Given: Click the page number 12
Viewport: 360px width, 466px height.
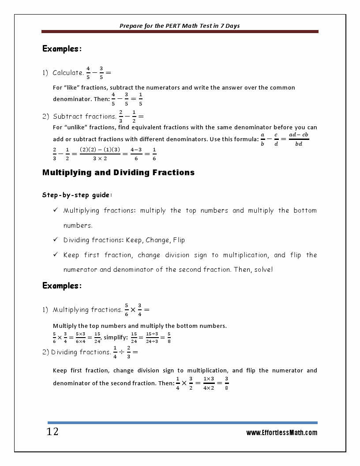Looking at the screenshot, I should [52, 432].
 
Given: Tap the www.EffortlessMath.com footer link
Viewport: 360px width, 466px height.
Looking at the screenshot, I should [281, 432].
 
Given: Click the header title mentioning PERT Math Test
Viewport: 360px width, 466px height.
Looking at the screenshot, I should [180, 26].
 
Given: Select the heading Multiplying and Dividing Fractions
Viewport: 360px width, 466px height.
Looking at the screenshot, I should [118, 173].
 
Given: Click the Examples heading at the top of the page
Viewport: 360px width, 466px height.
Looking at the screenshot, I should [62, 49].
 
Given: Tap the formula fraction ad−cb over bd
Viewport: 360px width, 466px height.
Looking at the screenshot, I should [299, 139].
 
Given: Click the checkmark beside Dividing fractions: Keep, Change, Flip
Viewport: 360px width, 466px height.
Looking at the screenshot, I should [56, 240].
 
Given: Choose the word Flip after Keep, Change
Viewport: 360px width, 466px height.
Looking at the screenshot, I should [179, 240].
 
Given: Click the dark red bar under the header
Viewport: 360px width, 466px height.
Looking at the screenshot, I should [180, 32].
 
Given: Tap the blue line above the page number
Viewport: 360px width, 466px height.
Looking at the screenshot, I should [182, 422].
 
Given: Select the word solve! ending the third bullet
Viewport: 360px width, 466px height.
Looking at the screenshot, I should [263, 269].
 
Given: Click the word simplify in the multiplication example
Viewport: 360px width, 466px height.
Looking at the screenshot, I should [116, 338].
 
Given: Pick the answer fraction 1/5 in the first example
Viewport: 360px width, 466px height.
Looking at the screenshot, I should [140, 99].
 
